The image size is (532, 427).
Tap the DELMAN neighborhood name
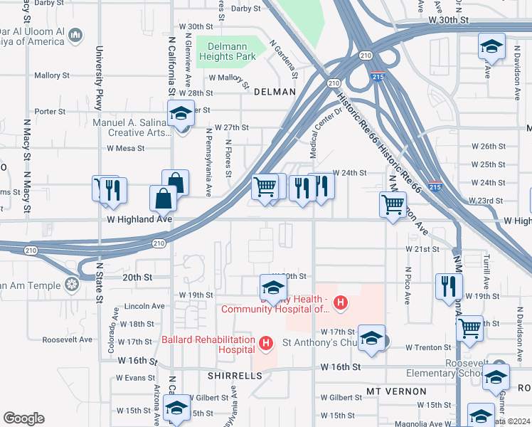pyautogui.click(x=274, y=92)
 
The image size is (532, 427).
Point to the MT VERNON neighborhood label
pyautogui.click(x=397, y=391)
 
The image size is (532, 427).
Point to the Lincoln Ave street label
pyautogui.click(x=144, y=306)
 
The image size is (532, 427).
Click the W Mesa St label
pyautogui.click(x=125, y=149)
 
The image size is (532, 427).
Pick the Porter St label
pyautogui.click(x=50, y=111)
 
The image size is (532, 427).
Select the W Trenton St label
pyautogui.click(x=428, y=347)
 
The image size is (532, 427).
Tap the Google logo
pyautogui.click(x=23, y=418)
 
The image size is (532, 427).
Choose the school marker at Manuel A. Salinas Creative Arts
pyautogui.click(x=181, y=113)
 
